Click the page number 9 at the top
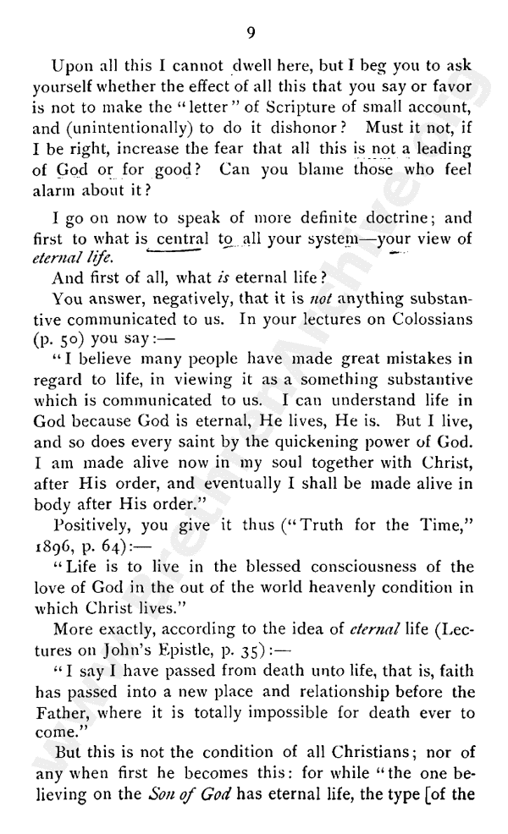[x=251, y=33]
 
